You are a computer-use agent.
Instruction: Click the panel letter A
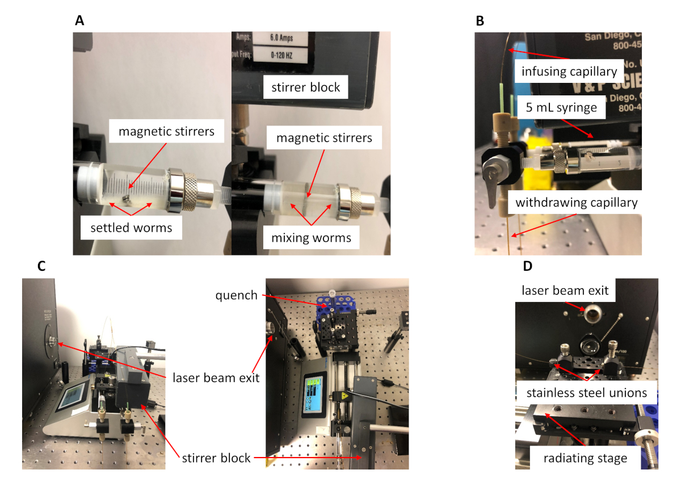[x=79, y=22]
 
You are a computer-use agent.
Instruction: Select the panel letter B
[x=480, y=22]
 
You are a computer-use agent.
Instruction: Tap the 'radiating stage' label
[x=585, y=457]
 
